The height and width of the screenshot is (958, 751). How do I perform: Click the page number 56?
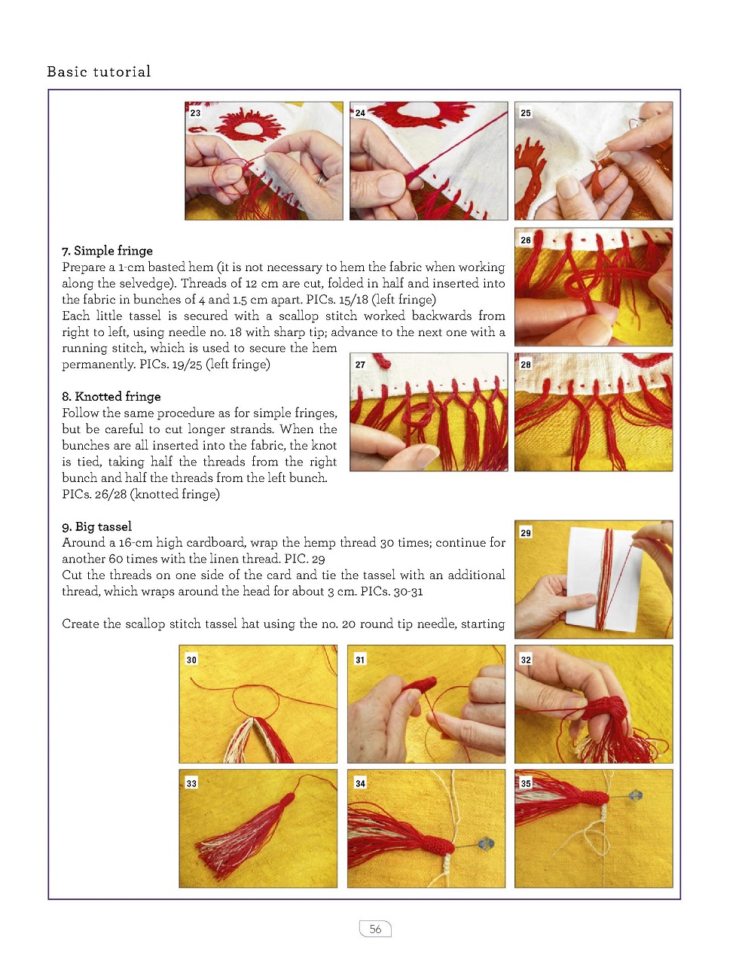375,929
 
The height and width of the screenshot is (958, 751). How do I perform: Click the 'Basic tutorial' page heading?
99,72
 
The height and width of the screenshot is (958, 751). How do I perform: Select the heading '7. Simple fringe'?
107,250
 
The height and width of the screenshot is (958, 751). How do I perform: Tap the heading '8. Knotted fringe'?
111,396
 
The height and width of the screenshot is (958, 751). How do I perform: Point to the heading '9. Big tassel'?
96,526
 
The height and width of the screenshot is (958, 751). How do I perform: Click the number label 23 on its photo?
195,113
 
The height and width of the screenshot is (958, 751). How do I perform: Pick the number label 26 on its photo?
525,239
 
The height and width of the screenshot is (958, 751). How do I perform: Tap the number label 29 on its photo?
525,532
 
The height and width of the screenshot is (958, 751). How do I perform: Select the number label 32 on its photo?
525,660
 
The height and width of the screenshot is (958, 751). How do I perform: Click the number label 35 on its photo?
525,783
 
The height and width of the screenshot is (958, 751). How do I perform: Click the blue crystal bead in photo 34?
485,844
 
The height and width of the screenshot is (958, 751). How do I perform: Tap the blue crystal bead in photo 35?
635,796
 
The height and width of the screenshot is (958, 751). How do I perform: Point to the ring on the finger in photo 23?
322,178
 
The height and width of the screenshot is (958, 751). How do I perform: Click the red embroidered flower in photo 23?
249,125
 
